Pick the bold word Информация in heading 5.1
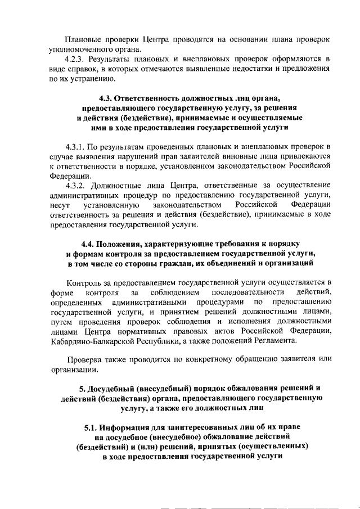(136, 426)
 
